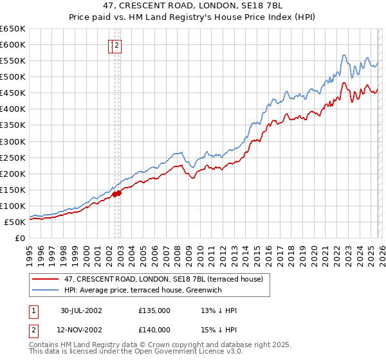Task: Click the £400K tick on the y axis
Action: click(x=13, y=109)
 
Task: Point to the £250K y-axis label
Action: click(x=13, y=157)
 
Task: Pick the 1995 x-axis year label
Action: click(x=30, y=249)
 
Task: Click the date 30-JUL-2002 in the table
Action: click(x=81, y=310)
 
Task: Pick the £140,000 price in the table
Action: click(x=154, y=329)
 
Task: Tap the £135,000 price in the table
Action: click(x=154, y=310)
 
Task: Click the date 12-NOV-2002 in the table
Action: click(x=81, y=329)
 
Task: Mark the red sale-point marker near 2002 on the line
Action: click(x=115, y=194)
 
